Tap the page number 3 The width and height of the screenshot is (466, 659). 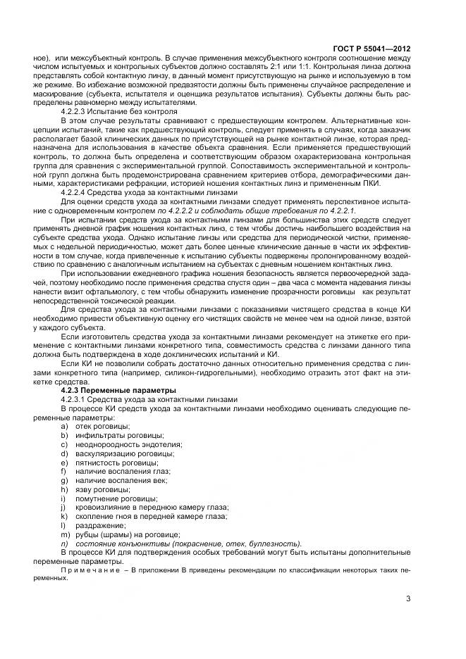408,599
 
